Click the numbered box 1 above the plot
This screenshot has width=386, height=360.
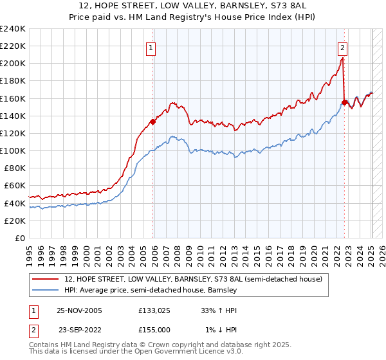click(151, 47)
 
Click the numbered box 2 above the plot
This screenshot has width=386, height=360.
click(342, 47)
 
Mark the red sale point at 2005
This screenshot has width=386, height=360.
click(152, 122)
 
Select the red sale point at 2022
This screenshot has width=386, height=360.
click(344, 102)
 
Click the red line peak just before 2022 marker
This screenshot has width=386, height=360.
click(342, 59)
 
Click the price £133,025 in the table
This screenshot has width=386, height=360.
click(153, 310)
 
